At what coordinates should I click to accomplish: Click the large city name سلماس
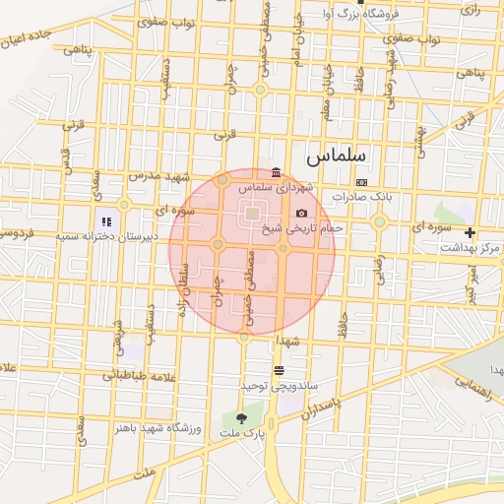(x=335, y=156)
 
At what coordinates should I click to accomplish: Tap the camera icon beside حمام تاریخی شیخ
(x=301, y=214)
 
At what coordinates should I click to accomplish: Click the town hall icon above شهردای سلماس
(x=276, y=172)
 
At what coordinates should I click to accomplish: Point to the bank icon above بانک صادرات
(x=361, y=182)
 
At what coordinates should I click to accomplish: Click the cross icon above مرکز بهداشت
(x=470, y=233)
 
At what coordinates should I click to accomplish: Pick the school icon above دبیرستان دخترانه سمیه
(x=106, y=222)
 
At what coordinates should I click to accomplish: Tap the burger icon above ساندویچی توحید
(x=280, y=370)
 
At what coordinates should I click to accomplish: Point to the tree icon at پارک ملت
(x=241, y=419)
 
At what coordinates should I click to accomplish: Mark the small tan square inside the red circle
(x=252, y=213)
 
